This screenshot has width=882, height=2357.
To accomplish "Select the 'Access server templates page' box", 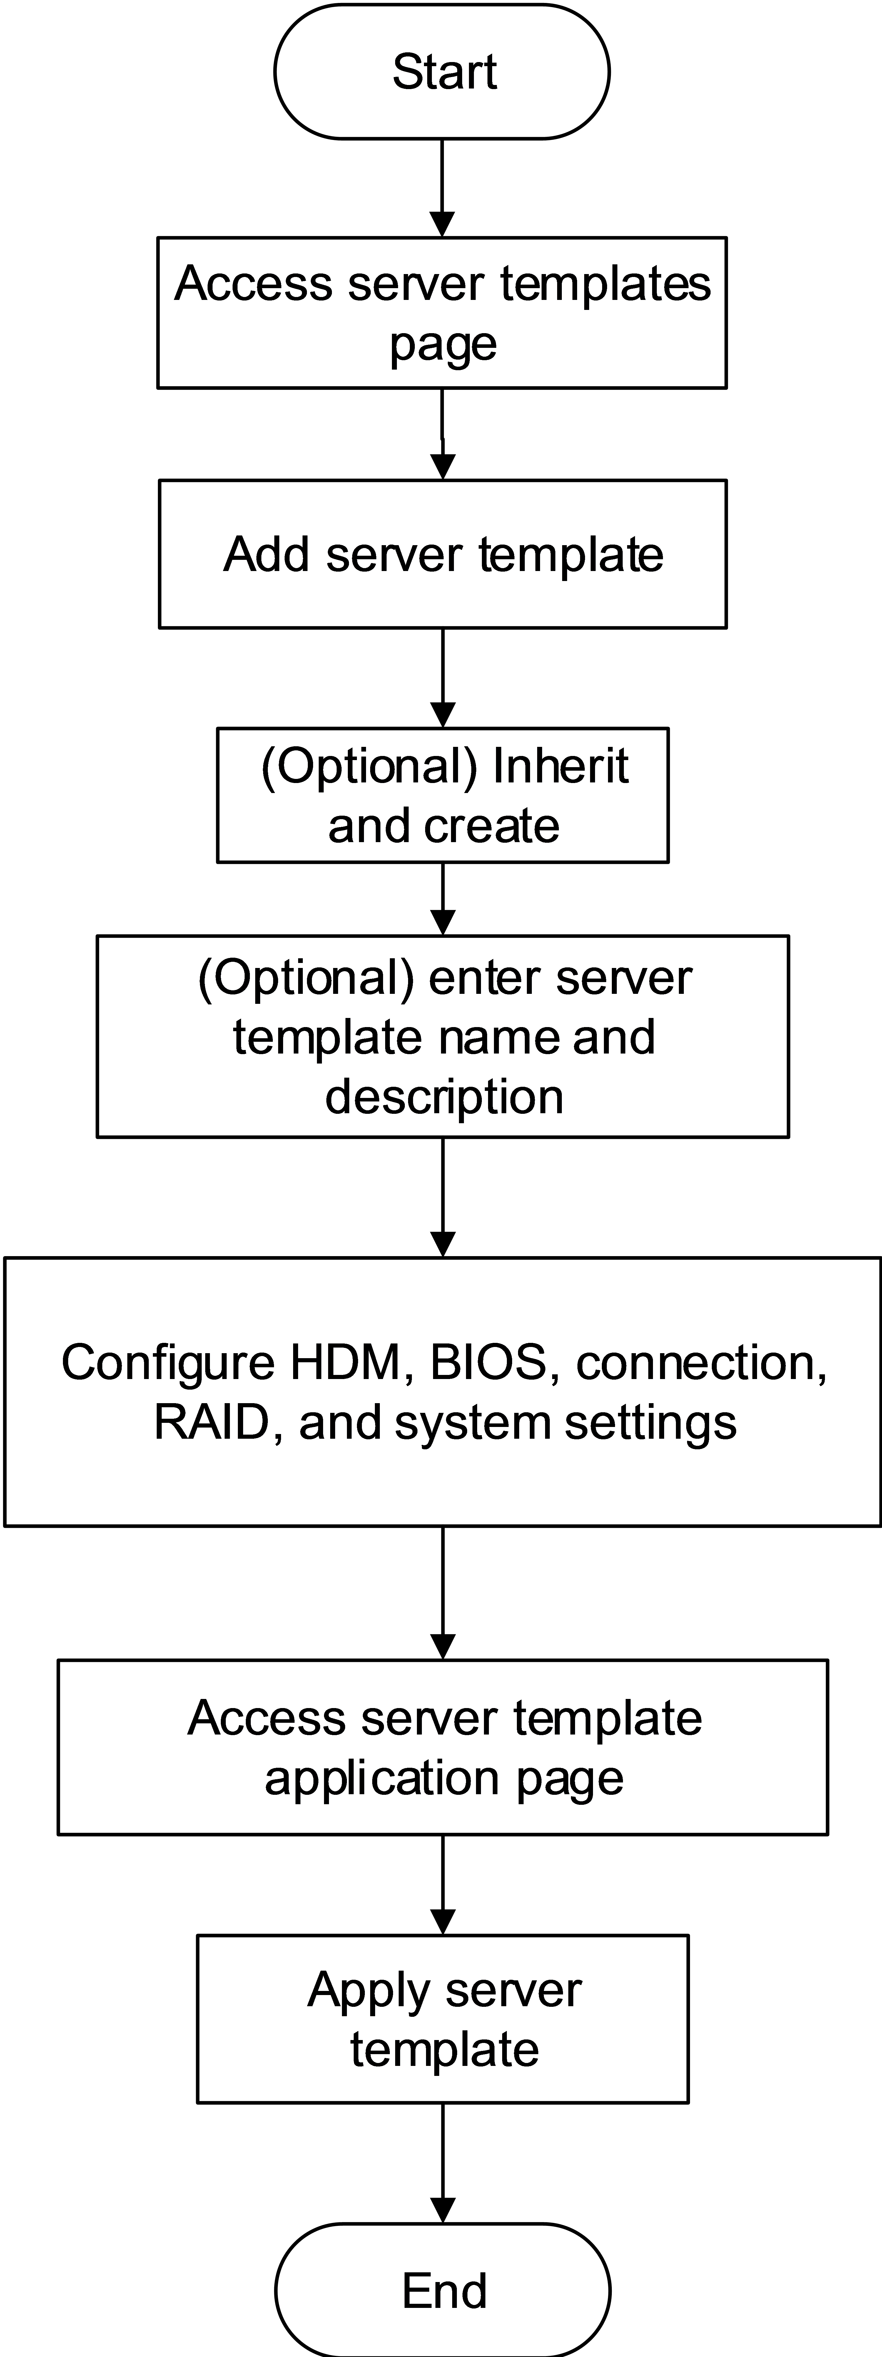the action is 442,313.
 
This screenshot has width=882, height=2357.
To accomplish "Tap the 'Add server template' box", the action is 442,554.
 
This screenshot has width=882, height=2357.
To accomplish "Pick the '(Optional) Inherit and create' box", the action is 442,795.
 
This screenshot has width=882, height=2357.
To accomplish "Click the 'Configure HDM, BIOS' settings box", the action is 442,1392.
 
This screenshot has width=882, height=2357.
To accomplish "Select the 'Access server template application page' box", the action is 442,1748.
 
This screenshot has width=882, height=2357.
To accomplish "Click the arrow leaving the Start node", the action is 442,188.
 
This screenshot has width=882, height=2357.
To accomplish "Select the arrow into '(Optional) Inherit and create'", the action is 442,678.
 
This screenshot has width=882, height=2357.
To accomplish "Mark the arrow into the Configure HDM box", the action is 442,1198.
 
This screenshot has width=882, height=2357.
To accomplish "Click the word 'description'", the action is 444,1096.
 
